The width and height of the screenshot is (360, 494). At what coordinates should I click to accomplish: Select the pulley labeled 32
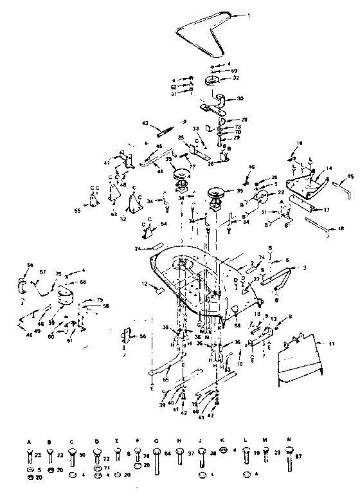coord(212,82)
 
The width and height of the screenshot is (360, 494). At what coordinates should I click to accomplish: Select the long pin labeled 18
coord(314,224)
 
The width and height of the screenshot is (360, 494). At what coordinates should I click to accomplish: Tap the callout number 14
coord(329,169)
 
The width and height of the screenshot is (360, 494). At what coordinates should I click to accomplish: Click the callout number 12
coord(145,284)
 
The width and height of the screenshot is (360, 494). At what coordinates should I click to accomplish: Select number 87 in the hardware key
coord(297,455)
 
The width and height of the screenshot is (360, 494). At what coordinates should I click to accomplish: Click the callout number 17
coord(327,210)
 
